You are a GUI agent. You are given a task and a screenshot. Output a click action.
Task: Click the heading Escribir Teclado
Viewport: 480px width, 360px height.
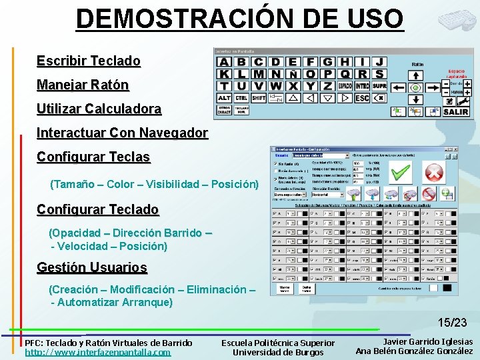pyautogui.click(x=89, y=61)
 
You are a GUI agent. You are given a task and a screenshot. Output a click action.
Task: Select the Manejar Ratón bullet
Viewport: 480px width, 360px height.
pyautogui.click(x=83, y=85)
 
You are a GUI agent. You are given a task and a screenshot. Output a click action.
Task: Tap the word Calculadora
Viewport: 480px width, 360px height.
pyautogui.click(x=127, y=109)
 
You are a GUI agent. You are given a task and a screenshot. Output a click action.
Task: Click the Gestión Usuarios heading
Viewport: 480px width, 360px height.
pyautogui.click(x=91, y=267)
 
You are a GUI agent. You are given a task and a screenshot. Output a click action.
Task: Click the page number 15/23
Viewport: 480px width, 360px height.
pyautogui.click(x=452, y=323)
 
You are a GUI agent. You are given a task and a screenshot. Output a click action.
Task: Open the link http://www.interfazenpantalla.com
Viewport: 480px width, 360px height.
pyautogui.click(x=97, y=352)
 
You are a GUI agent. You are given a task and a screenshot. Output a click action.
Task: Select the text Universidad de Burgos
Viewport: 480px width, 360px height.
pyautogui.click(x=278, y=352)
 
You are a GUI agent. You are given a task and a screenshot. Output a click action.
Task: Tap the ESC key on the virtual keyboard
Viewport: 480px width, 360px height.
pyautogui.click(x=362, y=98)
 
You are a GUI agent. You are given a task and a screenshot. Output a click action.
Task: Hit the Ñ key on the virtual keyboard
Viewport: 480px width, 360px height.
pyautogui.click(x=293, y=74)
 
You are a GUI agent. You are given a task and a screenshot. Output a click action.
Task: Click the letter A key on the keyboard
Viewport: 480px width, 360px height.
pyautogui.click(x=224, y=62)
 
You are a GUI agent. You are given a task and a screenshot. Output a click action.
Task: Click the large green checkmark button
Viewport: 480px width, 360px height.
pyautogui.click(x=400, y=173)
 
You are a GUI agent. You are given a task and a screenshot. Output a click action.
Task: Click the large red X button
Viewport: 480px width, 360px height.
pyautogui.click(x=434, y=173)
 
